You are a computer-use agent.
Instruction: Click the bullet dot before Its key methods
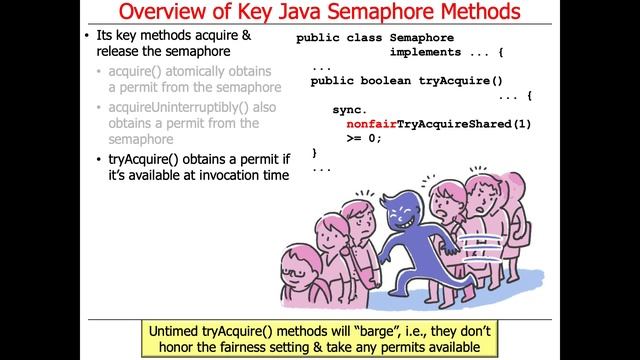[x=88, y=37]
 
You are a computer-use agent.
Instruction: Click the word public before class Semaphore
[x=317, y=37]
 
